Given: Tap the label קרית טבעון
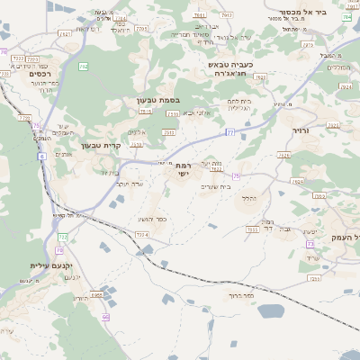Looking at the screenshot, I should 100,145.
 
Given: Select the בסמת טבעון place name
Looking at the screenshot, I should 159,100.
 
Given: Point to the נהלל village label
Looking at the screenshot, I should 250,198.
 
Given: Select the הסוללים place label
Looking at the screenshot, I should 337,67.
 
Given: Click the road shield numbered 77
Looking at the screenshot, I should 231,132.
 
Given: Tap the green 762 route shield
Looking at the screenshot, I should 84,67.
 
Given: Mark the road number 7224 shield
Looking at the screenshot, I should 141,235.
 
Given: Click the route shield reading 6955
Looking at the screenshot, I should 97,294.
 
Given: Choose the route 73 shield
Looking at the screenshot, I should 310,244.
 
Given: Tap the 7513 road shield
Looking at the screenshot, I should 145,112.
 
